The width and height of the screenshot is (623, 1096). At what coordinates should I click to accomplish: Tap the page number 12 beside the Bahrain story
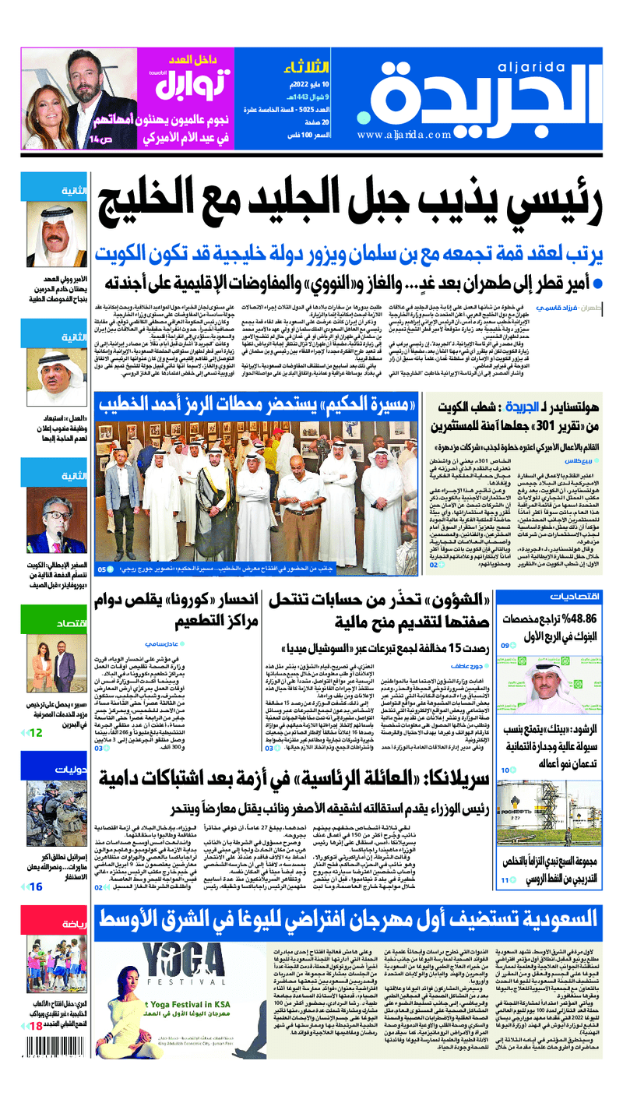(x=36, y=733)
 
